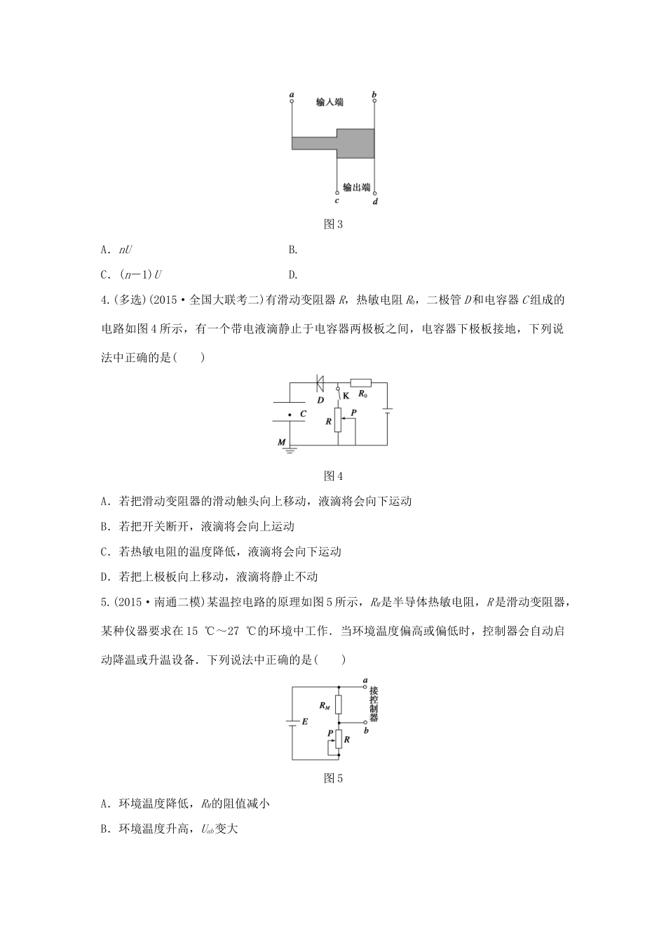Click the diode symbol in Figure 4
pos(319,383)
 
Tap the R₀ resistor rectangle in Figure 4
pos(360,383)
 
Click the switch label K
pos(345,396)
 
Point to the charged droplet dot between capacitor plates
pos(291,414)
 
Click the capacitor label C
pos(303,414)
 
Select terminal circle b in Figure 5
pos(365,723)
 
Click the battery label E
pos(304,721)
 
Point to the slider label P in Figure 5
pos(330,733)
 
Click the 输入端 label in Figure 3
pos(329,102)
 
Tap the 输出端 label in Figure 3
pos(356,187)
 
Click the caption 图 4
pos(333,476)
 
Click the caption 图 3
pos(333,225)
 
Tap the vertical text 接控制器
pos(374,704)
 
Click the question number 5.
pos(104,602)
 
